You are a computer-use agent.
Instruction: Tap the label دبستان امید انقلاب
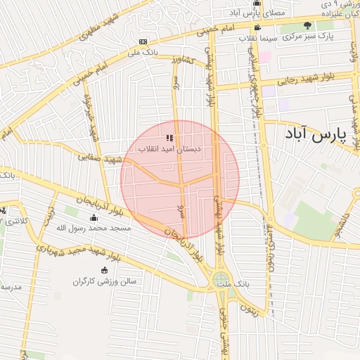click(174, 149)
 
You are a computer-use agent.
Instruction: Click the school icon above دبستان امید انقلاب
click(169, 138)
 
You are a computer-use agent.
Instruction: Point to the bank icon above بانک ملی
click(143, 41)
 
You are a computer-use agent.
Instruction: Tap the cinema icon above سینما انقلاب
click(257, 28)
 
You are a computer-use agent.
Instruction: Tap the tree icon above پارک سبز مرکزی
click(307, 25)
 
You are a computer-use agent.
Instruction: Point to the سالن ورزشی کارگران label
click(105, 281)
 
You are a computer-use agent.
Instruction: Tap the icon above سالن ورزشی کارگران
click(105, 270)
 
